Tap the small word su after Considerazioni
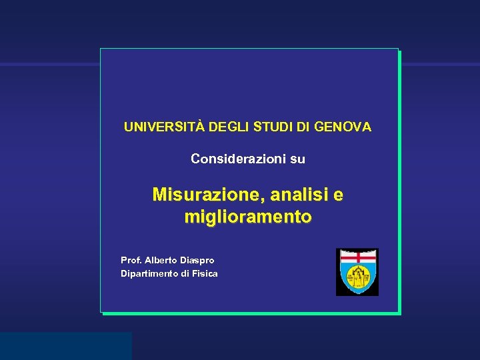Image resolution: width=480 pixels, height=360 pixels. point(294,159)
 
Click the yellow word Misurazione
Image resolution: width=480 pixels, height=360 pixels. point(207,195)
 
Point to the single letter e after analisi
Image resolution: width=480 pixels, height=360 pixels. point(338,195)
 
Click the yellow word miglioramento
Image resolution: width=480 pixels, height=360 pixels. point(248,217)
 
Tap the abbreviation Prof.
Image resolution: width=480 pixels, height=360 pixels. point(131,260)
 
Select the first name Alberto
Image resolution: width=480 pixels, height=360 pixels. point(161,260)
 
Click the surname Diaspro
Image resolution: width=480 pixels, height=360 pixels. point(197,260)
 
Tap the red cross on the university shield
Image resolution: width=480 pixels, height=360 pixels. point(357,257)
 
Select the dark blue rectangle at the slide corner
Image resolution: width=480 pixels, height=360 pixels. point(65,345)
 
